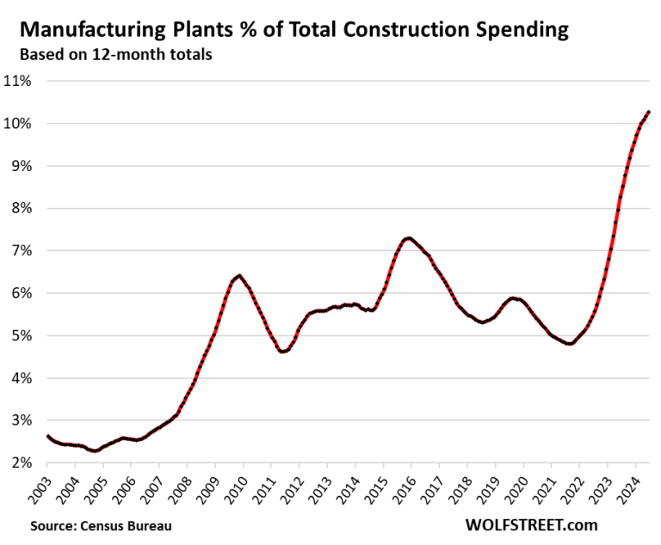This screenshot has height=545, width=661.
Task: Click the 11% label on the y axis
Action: tap(20, 81)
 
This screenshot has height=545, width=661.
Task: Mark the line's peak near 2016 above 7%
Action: tap(409, 238)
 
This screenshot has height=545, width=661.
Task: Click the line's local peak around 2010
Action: tap(239, 275)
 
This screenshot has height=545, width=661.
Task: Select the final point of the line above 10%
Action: tap(648, 112)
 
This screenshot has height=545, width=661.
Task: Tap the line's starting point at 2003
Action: tap(47, 436)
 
